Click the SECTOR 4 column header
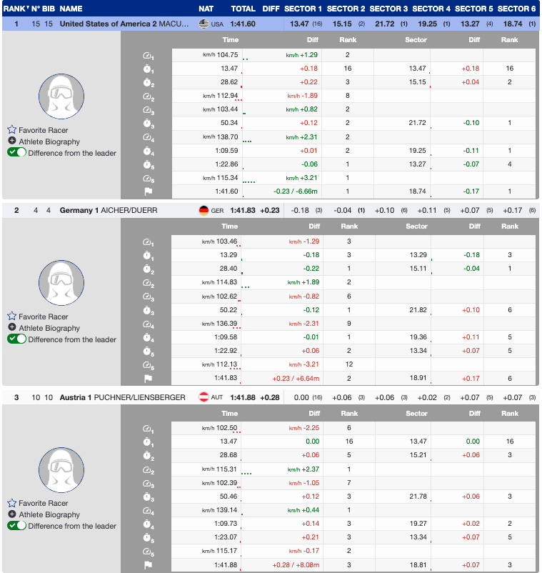point(431,9)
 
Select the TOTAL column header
point(244,9)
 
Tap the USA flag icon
point(204,24)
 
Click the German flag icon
point(204,211)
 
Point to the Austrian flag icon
point(204,397)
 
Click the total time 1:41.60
point(244,24)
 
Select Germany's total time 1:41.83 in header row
point(244,211)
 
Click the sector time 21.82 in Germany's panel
point(416,309)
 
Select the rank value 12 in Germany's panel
point(348,364)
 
